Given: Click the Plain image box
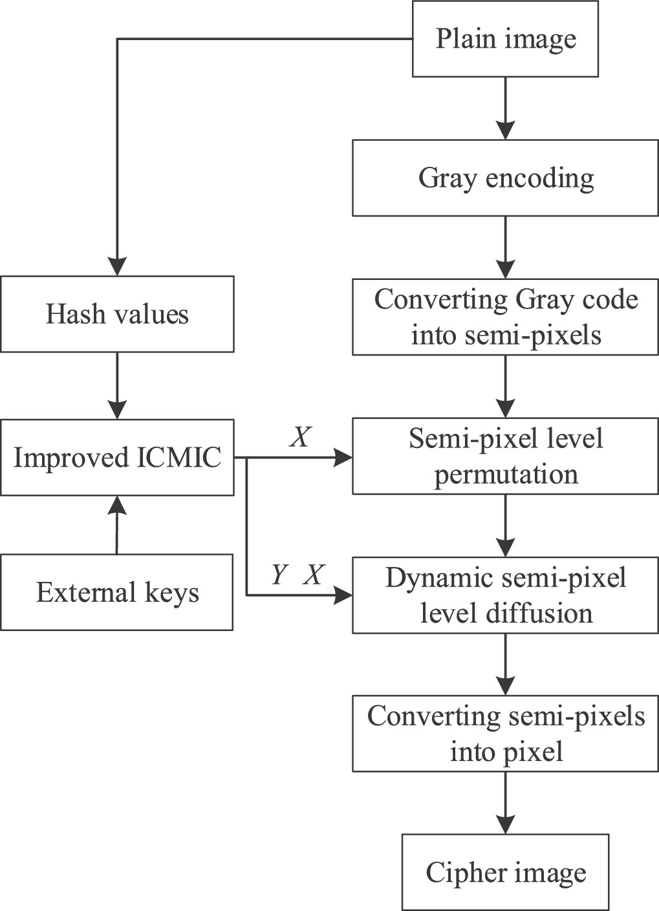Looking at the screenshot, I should (505, 39).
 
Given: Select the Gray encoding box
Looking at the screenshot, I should (505, 178).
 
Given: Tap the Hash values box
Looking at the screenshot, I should (117, 314).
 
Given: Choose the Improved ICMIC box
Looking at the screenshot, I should (117, 458).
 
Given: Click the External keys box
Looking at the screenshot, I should (117, 592).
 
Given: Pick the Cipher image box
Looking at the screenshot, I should (505, 872).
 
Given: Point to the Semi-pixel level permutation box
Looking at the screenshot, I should (505, 456).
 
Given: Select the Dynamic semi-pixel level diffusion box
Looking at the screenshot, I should (505, 595).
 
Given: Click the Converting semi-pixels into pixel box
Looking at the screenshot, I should (505, 734).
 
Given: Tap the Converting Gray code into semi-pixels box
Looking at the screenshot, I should (505, 317).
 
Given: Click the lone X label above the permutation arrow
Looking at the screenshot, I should (299, 438).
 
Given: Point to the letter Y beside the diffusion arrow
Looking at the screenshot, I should (278, 574).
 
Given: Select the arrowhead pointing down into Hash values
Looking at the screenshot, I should (117, 266).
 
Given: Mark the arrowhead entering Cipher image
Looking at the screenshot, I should (505, 824).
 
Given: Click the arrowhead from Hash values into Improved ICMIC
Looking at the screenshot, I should (117, 409).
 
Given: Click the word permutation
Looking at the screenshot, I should (506, 475).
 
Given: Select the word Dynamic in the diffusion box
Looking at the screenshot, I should (427, 577).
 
